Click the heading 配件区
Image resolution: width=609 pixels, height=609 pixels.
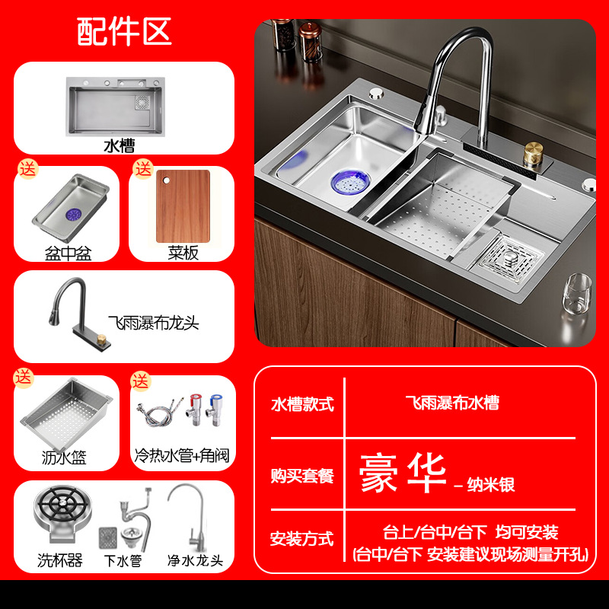tap(124, 31)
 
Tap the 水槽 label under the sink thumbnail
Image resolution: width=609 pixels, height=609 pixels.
tap(123, 145)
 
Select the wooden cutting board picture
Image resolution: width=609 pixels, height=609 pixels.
tap(183, 203)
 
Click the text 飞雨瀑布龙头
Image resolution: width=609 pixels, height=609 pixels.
tap(153, 323)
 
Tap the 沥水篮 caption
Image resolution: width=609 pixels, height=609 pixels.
tap(65, 458)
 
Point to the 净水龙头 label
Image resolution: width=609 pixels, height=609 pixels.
tap(196, 561)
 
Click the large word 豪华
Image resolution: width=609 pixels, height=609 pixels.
tap(403, 474)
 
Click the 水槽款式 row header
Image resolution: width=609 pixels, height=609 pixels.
tap(302, 404)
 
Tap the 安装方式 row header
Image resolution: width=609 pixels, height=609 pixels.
tap(302, 539)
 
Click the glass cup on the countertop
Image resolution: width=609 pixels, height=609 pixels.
tap(577, 295)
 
